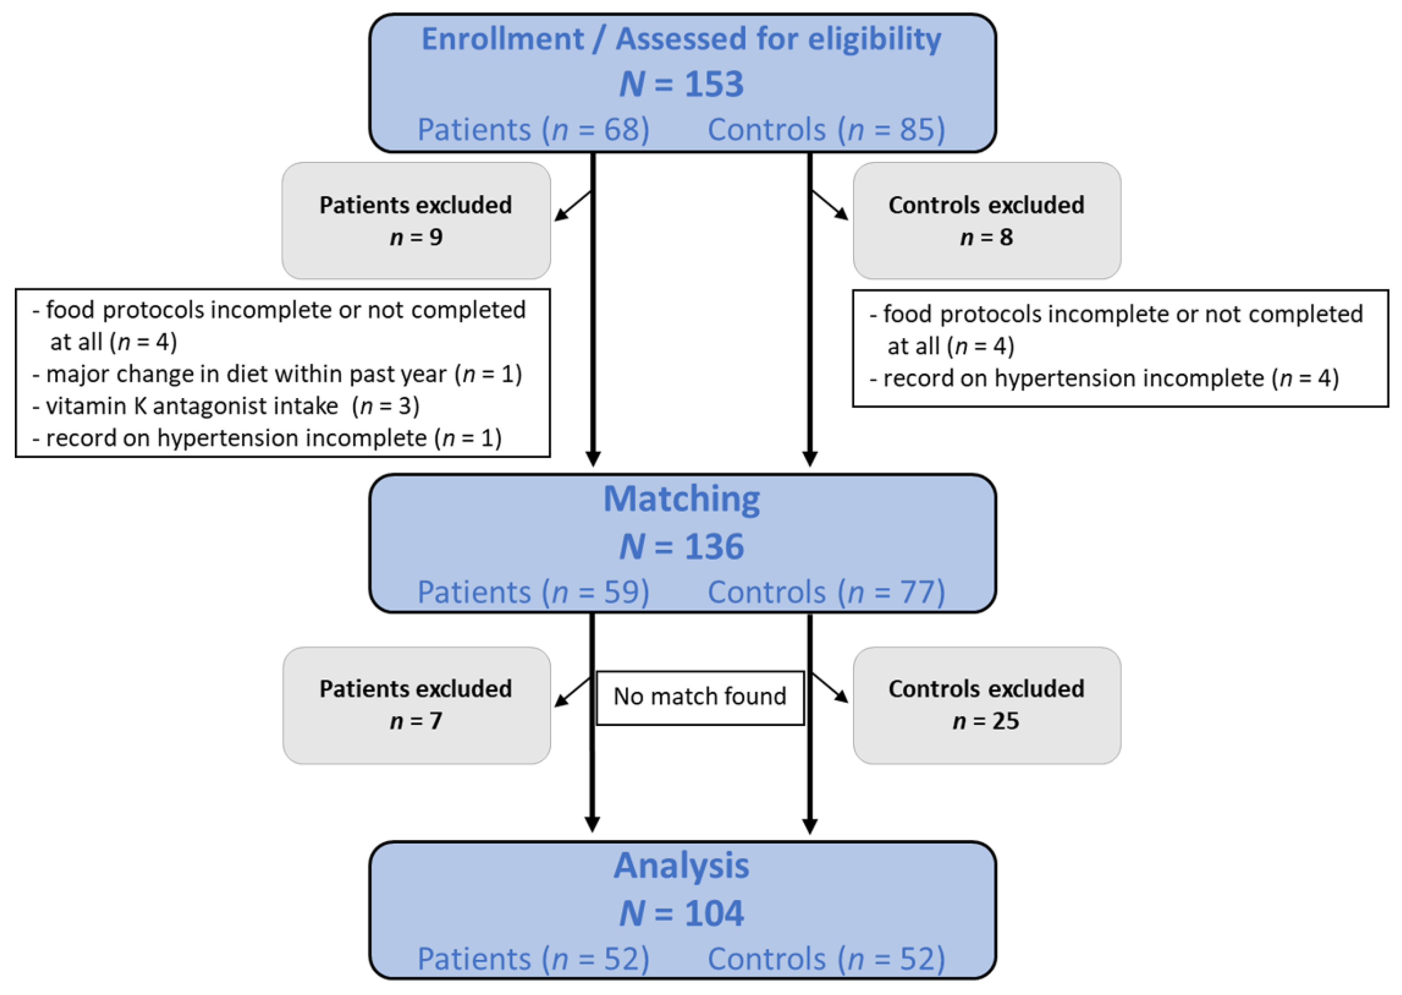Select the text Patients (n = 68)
[x=533, y=130]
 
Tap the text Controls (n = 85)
[x=826, y=130]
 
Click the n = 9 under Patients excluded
[x=416, y=237]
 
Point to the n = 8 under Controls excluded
[x=986, y=237]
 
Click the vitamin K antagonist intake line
[x=227, y=406]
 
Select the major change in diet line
[x=277, y=374]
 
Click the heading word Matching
[x=681, y=499]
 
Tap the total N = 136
[x=681, y=546]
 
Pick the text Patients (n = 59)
[x=533, y=592]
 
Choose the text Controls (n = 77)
[x=826, y=592]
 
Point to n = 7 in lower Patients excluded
[x=416, y=721]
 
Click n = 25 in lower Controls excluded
[x=986, y=721]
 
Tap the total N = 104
[x=681, y=913]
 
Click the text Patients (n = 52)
[x=533, y=959]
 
